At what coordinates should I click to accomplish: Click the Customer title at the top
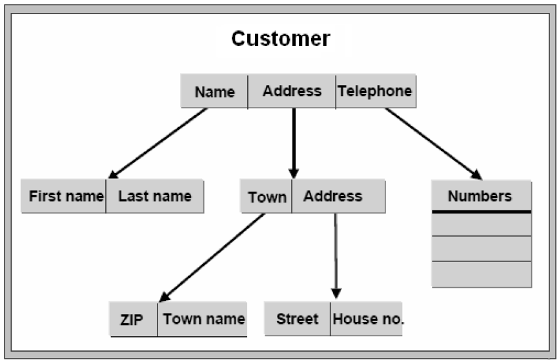coord(280,39)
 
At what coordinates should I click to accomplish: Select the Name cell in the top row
coord(214,92)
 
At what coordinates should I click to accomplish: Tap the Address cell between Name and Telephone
coord(292,91)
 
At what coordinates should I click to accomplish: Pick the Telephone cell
coord(375,91)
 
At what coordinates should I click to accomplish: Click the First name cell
coord(65,196)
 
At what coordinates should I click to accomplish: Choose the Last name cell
coord(155,196)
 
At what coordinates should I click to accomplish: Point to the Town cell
coord(267,197)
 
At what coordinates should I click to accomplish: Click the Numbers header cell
coord(481,196)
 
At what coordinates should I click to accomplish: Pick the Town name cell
coord(203,319)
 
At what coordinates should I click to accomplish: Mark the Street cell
coord(297,319)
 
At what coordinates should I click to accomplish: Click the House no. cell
coord(367,319)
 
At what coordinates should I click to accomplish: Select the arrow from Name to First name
coord(158,143)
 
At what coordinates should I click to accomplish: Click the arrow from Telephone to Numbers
coord(433,143)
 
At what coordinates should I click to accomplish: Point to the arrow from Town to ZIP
coord(212,257)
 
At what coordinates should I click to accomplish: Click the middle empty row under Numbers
coord(481,248)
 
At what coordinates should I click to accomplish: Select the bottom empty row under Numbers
coord(481,274)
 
